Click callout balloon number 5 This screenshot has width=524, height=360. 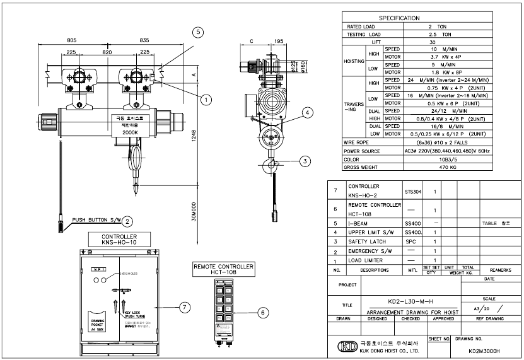197,31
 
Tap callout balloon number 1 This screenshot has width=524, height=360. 206,99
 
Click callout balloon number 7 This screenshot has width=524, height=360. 184,307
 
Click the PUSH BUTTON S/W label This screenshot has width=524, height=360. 96,221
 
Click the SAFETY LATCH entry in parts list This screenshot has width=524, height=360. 368,241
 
